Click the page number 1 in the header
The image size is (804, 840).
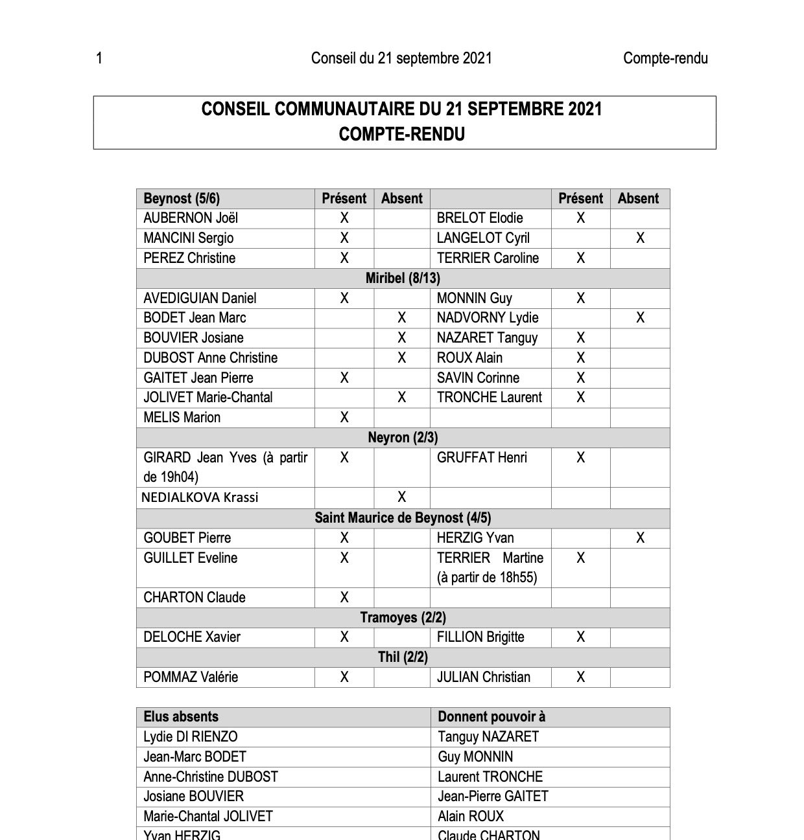click(x=99, y=58)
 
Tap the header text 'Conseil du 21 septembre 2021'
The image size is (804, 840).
click(x=401, y=58)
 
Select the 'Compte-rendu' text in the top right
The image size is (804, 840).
click(x=665, y=58)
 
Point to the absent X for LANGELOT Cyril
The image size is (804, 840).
click(x=640, y=238)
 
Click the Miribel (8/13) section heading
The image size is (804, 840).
click(x=403, y=278)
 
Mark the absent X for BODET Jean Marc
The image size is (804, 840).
click(x=402, y=318)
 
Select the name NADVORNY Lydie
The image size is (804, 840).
click(x=488, y=318)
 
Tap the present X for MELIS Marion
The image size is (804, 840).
click(x=344, y=418)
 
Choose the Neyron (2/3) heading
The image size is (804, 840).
click(x=403, y=438)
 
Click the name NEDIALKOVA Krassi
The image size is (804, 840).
click(x=200, y=497)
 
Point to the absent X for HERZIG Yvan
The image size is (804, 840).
click(x=640, y=538)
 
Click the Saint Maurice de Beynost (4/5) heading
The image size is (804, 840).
click(x=403, y=518)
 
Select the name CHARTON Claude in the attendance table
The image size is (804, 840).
click(x=195, y=598)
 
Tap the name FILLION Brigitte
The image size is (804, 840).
click(x=480, y=637)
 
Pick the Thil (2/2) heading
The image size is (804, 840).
click(x=403, y=657)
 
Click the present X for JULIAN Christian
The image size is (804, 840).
click(x=580, y=677)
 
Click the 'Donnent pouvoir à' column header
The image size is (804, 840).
click(x=491, y=717)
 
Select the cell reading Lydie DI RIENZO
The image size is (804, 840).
click(x=191, y=737)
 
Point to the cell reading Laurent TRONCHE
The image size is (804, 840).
click(x=490, y=777)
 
